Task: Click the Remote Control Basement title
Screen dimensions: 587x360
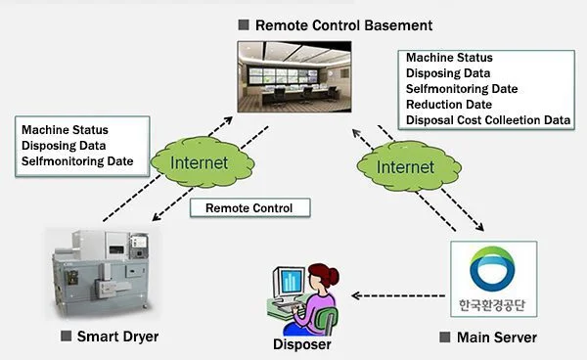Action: (343, 25)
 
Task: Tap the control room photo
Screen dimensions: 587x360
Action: (294, 76)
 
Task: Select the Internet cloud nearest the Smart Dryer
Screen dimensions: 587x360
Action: (203, 162)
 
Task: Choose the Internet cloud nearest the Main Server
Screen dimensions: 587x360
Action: (409, 166)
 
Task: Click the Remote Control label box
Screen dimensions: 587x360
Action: (250, 207)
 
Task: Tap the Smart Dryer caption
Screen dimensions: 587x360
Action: (117, 337)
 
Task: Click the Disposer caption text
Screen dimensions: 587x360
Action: (301, 344)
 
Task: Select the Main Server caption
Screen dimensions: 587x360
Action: (497, 337)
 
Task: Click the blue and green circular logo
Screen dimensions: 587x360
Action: (492, 269)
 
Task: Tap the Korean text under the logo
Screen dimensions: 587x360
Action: (492, 305)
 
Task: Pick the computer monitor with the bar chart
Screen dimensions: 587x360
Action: (289, 282)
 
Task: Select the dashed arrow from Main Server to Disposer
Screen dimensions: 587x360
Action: (398, 296)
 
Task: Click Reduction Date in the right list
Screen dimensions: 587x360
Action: (449, 105)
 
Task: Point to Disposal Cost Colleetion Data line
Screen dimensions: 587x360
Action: (488, 120)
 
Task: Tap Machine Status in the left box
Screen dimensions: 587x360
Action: (65, 130)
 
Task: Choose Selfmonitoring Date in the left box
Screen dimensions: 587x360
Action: (77, 161)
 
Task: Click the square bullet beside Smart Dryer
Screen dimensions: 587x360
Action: (66, 336)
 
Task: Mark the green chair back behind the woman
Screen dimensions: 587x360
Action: (327, 318)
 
